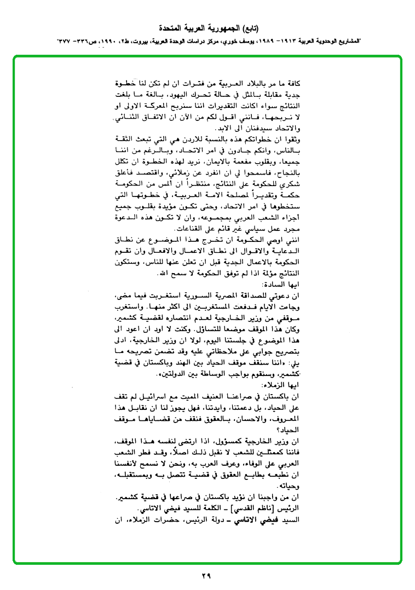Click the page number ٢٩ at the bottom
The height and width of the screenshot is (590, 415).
tap(206, 576)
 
